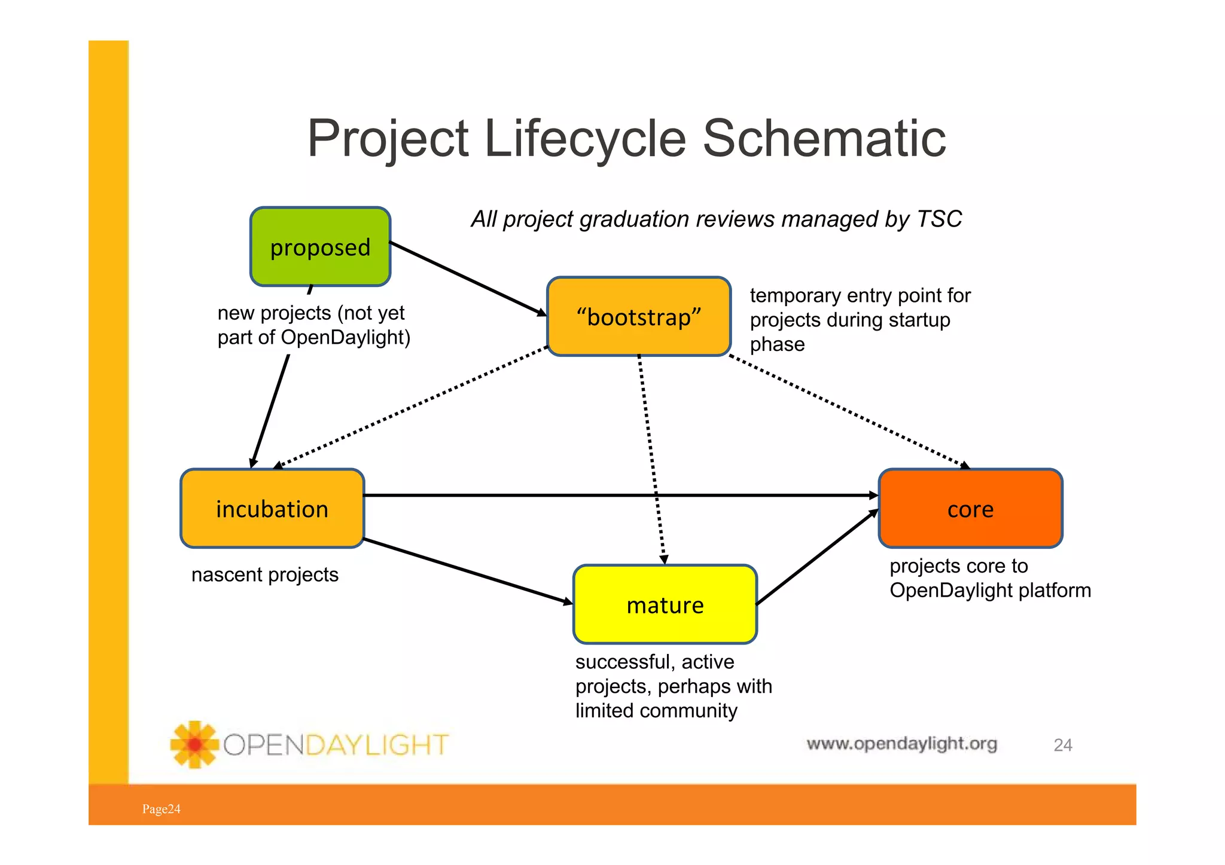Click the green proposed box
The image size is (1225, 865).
point(320,247)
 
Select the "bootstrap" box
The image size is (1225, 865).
point(638,317)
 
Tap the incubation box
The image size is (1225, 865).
point(272,509)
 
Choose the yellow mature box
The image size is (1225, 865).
point(665,605)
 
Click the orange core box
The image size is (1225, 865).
point(970,509)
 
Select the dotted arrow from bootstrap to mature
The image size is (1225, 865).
point(651,454)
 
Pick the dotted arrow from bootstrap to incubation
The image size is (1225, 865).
point(413,406)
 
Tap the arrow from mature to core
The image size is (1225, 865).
point(816,558)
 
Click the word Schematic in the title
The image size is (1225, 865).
point(824,139)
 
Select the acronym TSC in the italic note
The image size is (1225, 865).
point(938,219)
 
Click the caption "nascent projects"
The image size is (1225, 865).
point(264,575)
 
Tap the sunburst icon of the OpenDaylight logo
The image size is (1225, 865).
point(194,744)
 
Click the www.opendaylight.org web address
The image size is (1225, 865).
point(901,744)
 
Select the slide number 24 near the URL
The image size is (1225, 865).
point(1062,745)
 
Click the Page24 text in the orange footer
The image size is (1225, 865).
point(161,809)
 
